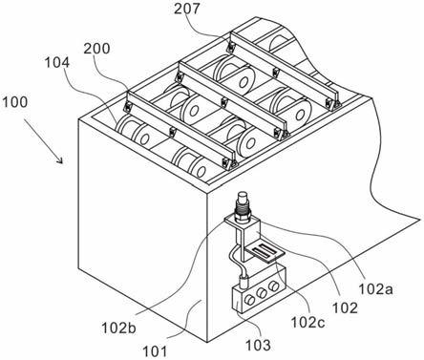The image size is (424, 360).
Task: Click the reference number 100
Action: [14, 102]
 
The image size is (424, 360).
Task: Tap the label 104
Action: [56, 63]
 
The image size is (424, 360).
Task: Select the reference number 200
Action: [96, 49]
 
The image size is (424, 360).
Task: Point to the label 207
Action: [187, 9]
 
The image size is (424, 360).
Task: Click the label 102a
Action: [376, 289]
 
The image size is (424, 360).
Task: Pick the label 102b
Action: [118, 328]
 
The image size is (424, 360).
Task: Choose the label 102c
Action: [307, 323]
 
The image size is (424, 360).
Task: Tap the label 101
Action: [154, 352]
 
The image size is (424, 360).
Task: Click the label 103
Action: [258, 345]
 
